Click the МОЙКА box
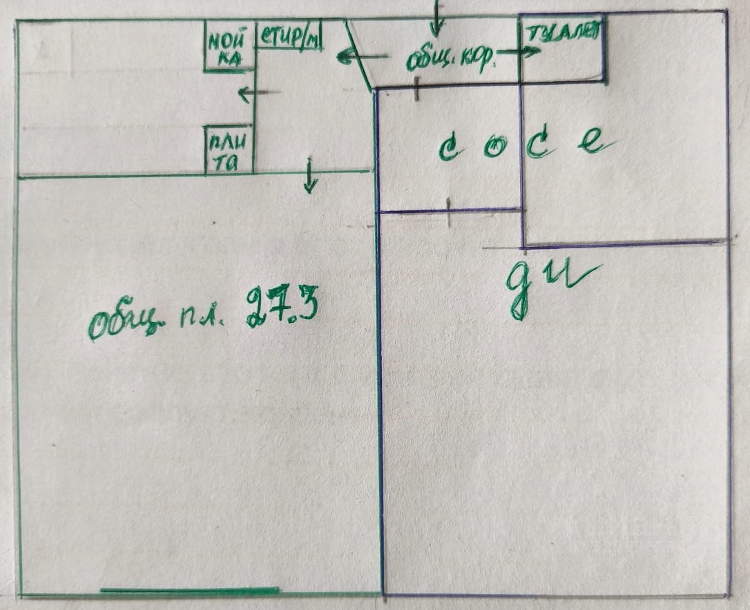[230, 45]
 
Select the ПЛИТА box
[229, 150]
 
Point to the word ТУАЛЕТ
[563, 33]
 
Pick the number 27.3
[282, 308]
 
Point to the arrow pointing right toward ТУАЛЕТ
[521, 52]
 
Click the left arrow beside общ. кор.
[361, 57]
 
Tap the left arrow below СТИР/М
[258, 94]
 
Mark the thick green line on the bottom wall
[189, 590]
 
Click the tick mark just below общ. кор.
[417, 89]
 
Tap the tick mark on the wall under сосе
[449, 212]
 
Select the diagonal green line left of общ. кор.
[359, 55]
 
